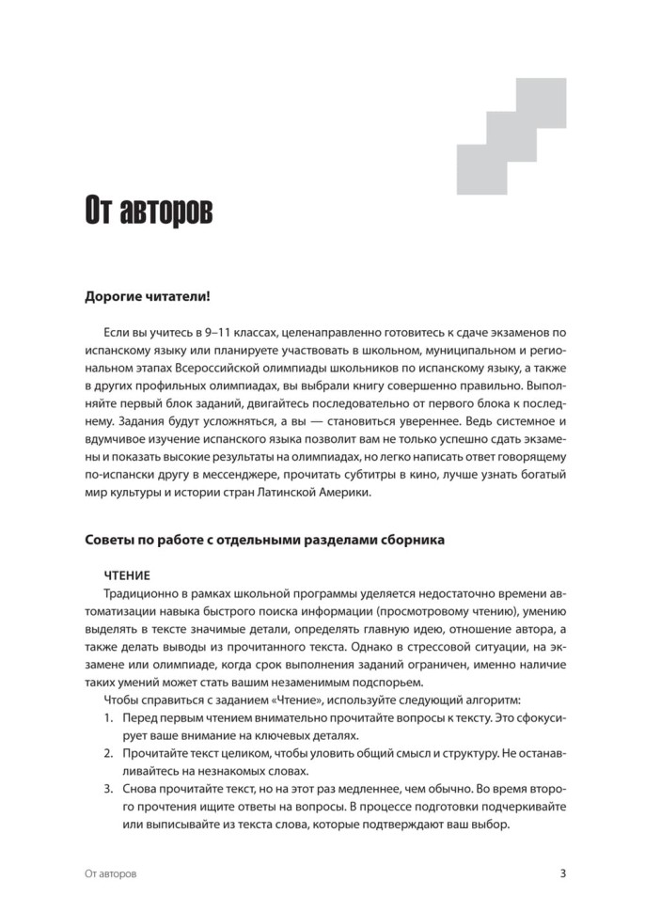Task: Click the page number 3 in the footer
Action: [x=562, y=873]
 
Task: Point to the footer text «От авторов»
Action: [x=110, y=873]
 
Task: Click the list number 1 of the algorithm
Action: [x=108, y=717]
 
